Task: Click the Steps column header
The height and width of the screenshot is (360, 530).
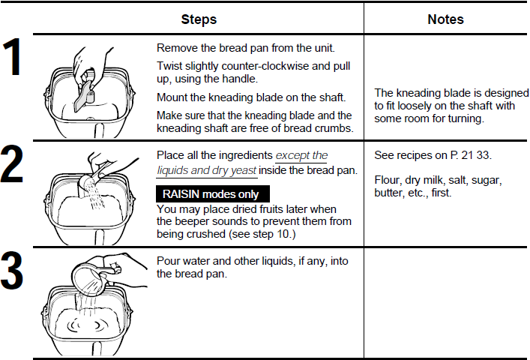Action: click(199, 19)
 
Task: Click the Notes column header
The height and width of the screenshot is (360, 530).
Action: click(445, 19)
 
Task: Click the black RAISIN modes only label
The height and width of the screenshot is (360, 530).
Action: click(206, 193)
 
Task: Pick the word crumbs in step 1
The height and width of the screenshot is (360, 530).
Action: click(333, 127)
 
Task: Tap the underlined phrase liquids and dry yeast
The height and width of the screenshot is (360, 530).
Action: click(206, 169)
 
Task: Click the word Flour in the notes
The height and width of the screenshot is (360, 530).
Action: click(388, 180)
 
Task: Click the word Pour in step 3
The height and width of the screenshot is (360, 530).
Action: click(169, 260)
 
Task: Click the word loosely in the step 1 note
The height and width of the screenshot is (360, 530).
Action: click(427, 106)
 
